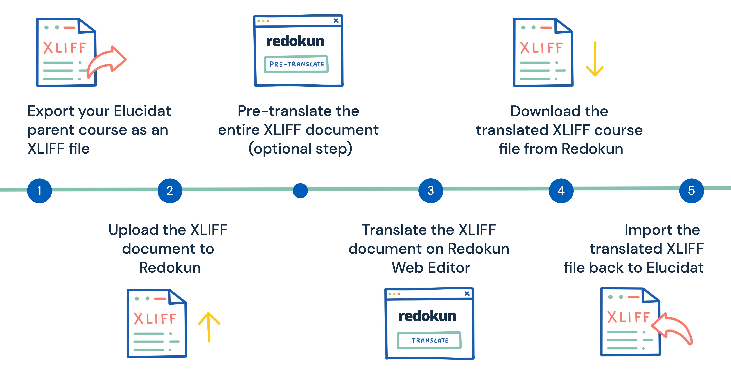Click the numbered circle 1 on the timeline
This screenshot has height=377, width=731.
click(x=39, y=191)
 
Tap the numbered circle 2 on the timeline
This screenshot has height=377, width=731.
click(x=170, y=191)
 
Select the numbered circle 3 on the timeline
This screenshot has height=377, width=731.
click(x=430, y=191)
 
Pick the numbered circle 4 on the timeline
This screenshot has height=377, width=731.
click(x=561, y=191)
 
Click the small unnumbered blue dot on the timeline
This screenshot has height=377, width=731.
click(x=300, y=191)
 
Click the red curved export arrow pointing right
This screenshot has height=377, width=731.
click(x=106, y=61)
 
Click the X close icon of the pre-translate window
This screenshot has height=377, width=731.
click(x=336, y=20)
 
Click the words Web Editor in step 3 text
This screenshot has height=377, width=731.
click(x=430, y=267)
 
